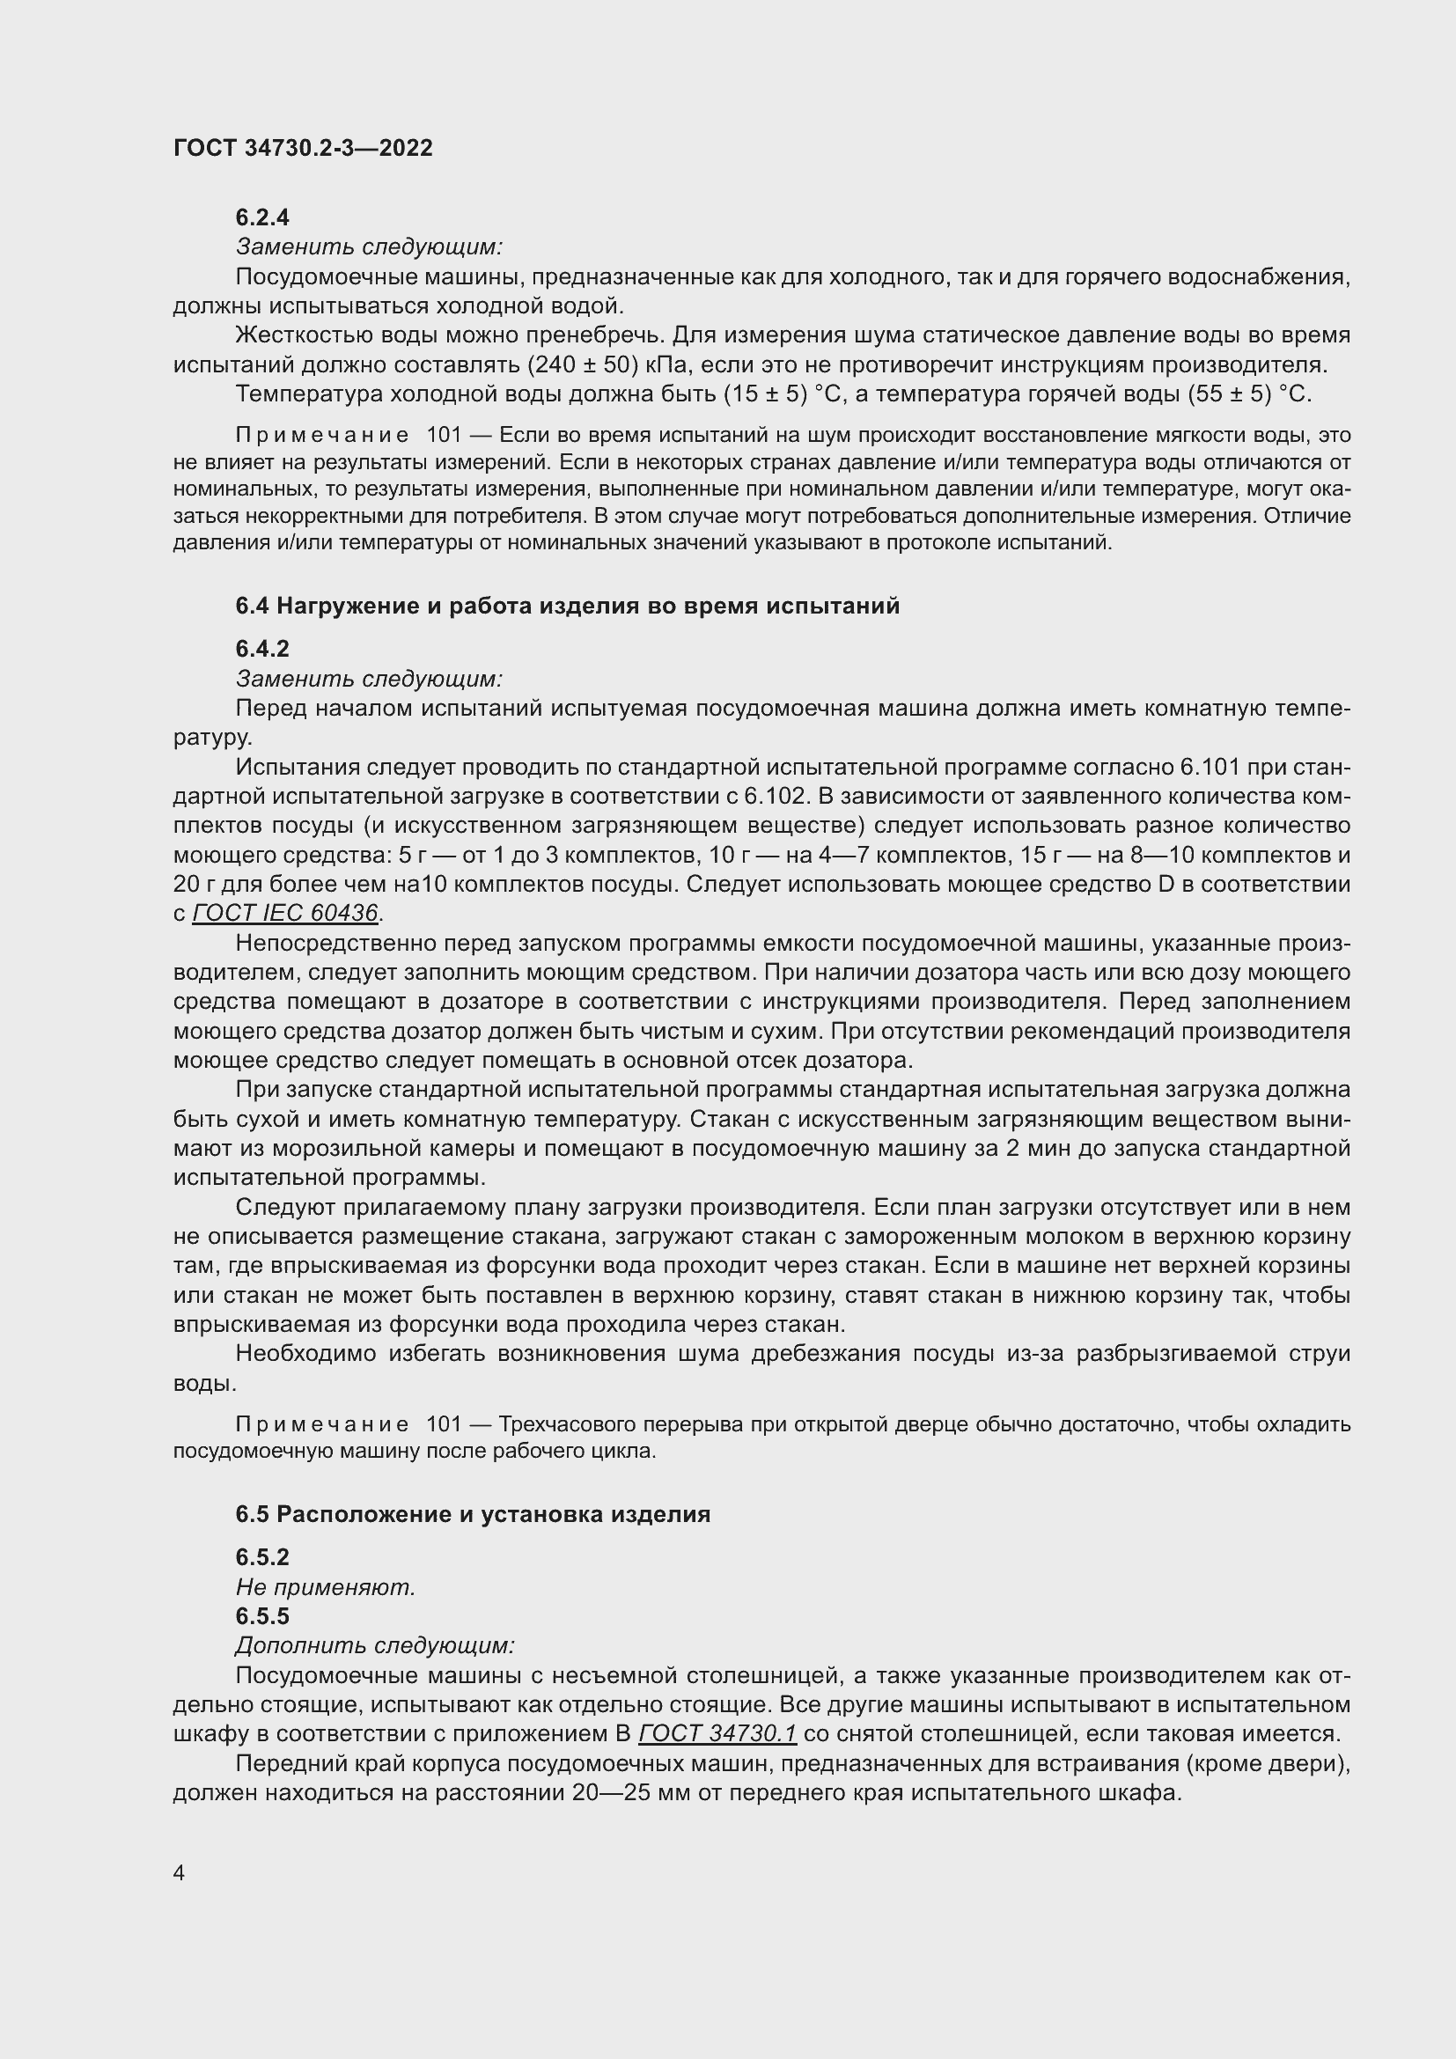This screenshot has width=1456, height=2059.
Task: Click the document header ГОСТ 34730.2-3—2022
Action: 303,148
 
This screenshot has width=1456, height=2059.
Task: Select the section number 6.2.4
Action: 261,217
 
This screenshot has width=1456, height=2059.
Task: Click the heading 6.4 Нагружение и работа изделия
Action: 567,607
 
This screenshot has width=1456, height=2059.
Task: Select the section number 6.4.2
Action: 261,649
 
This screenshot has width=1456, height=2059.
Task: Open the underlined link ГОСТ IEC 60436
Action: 285,913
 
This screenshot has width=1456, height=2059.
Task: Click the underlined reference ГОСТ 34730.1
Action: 717,1733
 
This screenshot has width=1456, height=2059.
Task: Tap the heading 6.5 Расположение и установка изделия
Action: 473,1515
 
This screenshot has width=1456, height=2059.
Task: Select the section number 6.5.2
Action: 261,1557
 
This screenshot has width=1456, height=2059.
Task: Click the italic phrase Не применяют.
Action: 326,1587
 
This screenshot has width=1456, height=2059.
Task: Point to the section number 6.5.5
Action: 261,1616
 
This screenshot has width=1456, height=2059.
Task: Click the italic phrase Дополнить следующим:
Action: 375,1645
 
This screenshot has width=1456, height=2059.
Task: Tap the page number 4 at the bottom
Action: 180,1873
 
